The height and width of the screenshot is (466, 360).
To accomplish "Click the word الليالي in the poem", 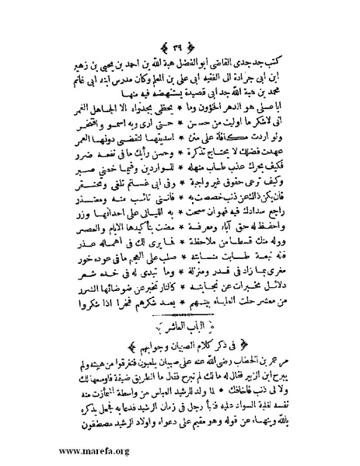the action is pyautogui.click(x=156, y=240).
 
